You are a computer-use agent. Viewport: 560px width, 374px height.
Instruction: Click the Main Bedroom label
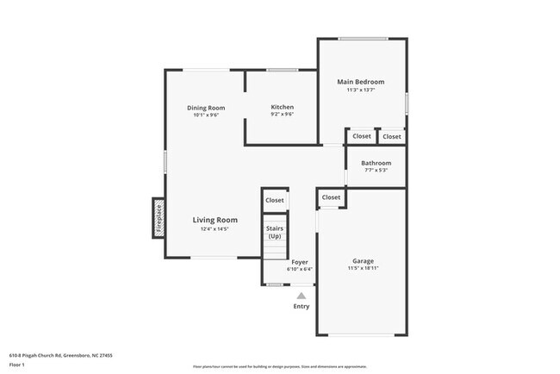pyautogui.click(x=360, y=82)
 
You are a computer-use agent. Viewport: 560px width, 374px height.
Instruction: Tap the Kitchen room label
pyautogui.click(x=283, y=107)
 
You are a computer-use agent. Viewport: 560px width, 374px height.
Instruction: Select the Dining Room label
pyautogui.click(x=205, y=108)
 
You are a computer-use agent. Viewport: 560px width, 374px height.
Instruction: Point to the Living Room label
pyautogui.click(x=215, y=220)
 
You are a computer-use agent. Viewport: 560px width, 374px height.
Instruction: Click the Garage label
pyautogui.click(x=363, y=260)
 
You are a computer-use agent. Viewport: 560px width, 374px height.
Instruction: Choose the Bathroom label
pyautogui.click(x=376, y=163)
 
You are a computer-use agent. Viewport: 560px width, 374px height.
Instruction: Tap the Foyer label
pyautogui.click(x=300, y=261)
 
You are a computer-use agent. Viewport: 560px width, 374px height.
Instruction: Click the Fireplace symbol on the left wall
pyautogui.click(x=159, y=218)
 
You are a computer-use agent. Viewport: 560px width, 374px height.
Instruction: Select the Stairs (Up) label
pyautogui.click(x=275, y=232)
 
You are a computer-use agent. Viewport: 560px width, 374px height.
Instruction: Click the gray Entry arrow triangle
pyautogui.click(x=301, y=295)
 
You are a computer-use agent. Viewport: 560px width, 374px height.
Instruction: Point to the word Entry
pyautogui.click(x=301, y=306)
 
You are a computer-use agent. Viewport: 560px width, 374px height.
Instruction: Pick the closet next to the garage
pyautogui.click(x=331, y=197)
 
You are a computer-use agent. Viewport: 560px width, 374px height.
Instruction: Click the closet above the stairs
pyautogui.click(x=274, y=200)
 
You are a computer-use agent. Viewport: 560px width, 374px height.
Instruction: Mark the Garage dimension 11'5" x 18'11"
pyautogui.click(x=363, y=268)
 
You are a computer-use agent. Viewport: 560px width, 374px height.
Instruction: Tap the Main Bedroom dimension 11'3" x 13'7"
pyautogui.click(x=360, y=90)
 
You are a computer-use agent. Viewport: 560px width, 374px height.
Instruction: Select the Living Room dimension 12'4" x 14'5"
pyautogui.click(x=215, y=228)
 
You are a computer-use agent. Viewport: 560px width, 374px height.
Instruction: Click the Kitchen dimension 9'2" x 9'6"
pyautogui.click(x=283, y=115)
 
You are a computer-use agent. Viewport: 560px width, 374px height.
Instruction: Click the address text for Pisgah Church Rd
pyautogui.click(x=61, y=355)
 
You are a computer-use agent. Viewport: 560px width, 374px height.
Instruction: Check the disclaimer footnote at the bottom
pyautogui.click(x=279, y=367)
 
